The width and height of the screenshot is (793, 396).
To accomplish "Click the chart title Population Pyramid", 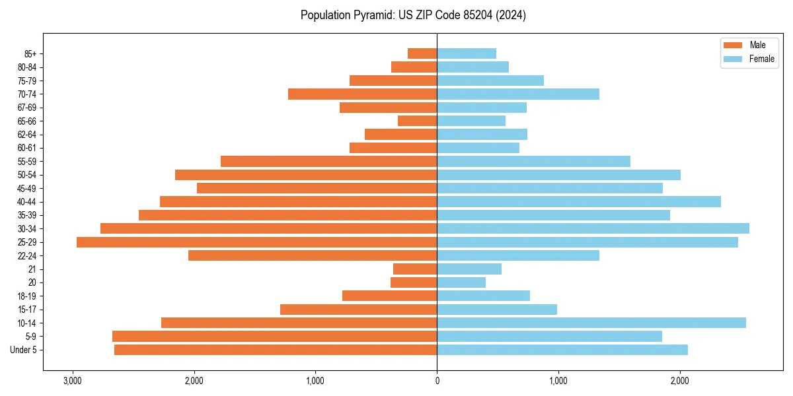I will click(x=413, y=15).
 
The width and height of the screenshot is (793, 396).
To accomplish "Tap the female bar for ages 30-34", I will click(x=593, y=228).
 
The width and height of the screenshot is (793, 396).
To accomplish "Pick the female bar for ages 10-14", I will click(x=591, y=323).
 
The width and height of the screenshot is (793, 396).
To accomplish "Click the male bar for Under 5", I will click(x=276, y=350).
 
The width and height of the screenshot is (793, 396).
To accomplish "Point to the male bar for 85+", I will click(x=422, y=53).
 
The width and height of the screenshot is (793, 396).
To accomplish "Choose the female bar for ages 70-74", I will click(x=518, y=94).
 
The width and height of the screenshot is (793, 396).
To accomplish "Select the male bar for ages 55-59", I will click(x=328, y=161).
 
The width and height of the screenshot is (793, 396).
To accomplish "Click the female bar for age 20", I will click(x=461, y=282).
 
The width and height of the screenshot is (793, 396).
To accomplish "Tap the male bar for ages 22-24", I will click(x=313, y=255).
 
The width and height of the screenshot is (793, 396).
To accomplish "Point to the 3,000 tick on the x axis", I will click(x=73, y=381).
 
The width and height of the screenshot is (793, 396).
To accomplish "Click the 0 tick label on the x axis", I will click(x=437, y=381).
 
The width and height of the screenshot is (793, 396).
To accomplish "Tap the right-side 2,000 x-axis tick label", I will click(x=679, y=381).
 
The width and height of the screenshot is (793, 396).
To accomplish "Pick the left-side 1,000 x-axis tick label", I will click(x=315, y=381).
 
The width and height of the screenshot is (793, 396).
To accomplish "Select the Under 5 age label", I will click(x=24, y=350).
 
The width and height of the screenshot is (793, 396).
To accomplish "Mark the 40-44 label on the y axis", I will click(x=26, y=201).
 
